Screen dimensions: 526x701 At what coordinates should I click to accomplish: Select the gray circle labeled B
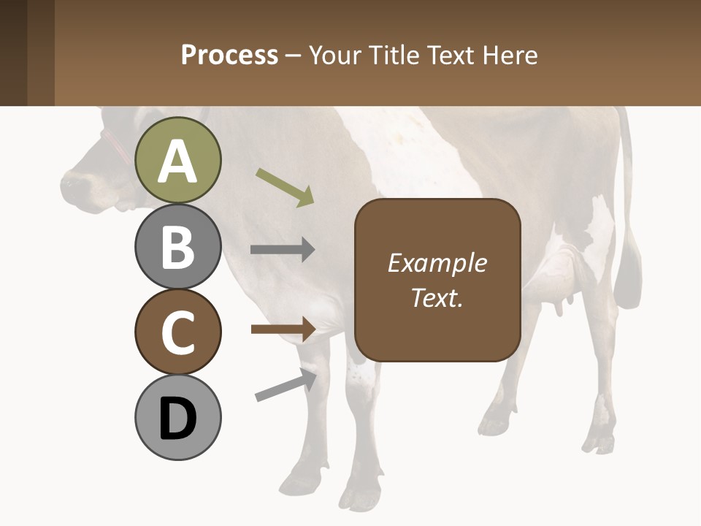[x=177, y=246]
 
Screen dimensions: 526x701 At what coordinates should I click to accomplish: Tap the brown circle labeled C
[x=177, y=332]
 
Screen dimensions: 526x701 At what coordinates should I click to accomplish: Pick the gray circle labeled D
[x=177, y=417]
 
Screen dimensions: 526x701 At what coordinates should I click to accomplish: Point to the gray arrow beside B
[x=283, y=250]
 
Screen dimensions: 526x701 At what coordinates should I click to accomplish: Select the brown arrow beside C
[x=283, y=329]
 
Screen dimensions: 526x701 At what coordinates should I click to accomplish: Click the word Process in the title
[x=229, y=55]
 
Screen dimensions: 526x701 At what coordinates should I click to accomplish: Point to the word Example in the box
[x=437, y=263]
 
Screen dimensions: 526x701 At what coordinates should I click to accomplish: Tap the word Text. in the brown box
[x=437, y=297]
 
